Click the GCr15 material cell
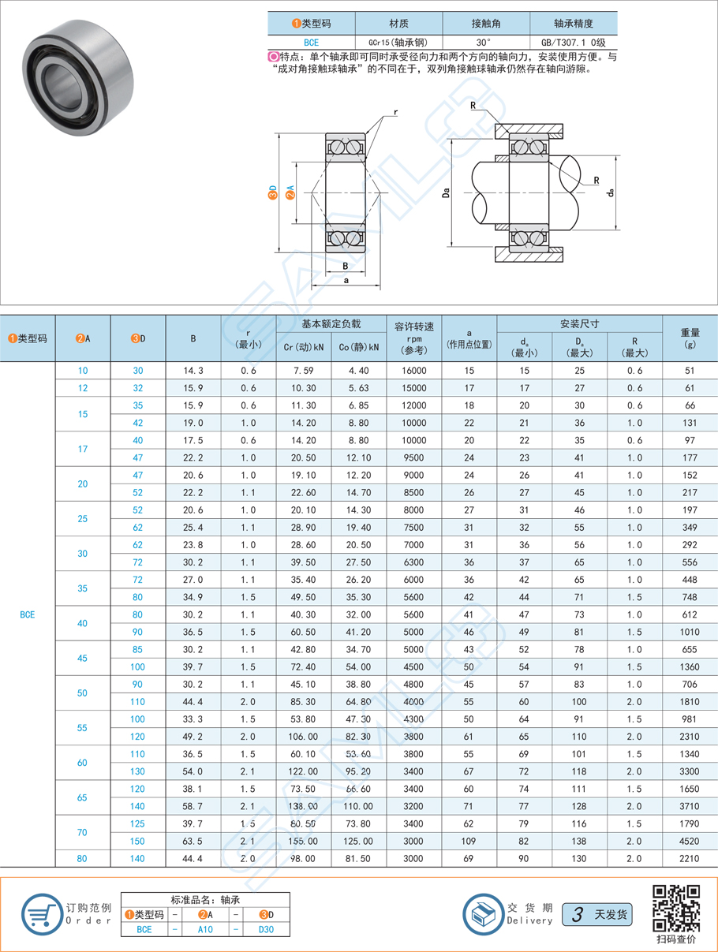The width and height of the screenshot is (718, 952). coord(398,43)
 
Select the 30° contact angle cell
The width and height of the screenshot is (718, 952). coord(485,43)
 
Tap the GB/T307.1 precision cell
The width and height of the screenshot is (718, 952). coord(573,43)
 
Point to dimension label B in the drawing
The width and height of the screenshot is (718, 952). coord(346,266)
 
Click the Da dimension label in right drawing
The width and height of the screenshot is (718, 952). coord(446,192)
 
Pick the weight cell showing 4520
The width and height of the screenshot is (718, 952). coord(690,841)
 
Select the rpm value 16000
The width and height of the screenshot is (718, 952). coord(413,371)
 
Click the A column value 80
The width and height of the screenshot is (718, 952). coord(83,858)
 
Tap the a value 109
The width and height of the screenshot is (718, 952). coord(469,841)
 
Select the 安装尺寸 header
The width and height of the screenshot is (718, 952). coord(579,323)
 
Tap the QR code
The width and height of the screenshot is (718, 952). coord(676,907)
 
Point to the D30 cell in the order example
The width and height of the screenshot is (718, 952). coord(267,929)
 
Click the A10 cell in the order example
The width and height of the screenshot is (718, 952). coord(204,929)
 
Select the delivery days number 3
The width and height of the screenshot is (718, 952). coord(578,915)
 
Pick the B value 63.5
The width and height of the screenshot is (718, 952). coord(193,841)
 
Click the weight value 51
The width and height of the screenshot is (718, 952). coord(690,371)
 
